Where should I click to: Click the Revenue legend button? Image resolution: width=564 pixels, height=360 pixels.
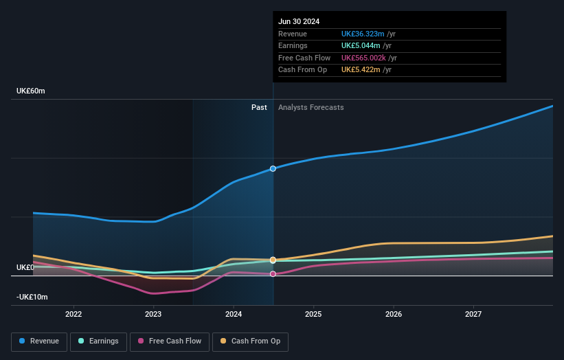(x=39, y=341)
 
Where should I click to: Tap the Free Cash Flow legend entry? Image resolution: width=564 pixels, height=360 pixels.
(x=169, y=341)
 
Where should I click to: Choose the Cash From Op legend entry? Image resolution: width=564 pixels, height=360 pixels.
(x=250, y=341)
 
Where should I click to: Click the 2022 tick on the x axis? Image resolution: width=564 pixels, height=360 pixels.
(x=74, y=315)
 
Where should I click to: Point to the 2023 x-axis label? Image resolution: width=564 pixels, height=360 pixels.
(x=153, y=315)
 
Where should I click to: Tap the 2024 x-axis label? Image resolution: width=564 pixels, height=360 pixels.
(x=234, y=315)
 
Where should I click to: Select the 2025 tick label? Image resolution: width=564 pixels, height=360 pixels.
(x=313, y=315)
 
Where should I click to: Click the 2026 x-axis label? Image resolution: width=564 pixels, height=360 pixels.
(x=394, y=315)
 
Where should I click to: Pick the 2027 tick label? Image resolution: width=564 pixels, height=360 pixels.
(x=473, y=315)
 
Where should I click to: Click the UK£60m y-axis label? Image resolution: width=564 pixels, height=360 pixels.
(x=31, y=91)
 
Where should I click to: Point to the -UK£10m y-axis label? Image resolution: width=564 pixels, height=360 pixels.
(x=32, y=297)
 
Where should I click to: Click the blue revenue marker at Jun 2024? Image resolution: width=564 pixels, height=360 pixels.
(x=273, y=168)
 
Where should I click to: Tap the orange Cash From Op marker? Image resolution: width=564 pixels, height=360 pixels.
(x=273, y=260)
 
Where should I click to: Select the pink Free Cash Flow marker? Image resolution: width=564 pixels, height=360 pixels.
(x=273, y=274)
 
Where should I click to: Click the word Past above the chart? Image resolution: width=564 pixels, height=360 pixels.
(x=259, y=107)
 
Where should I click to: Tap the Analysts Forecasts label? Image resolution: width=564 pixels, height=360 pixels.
(x=311, y=107)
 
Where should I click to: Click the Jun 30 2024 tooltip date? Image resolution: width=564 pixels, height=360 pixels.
(x=299, y=22)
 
